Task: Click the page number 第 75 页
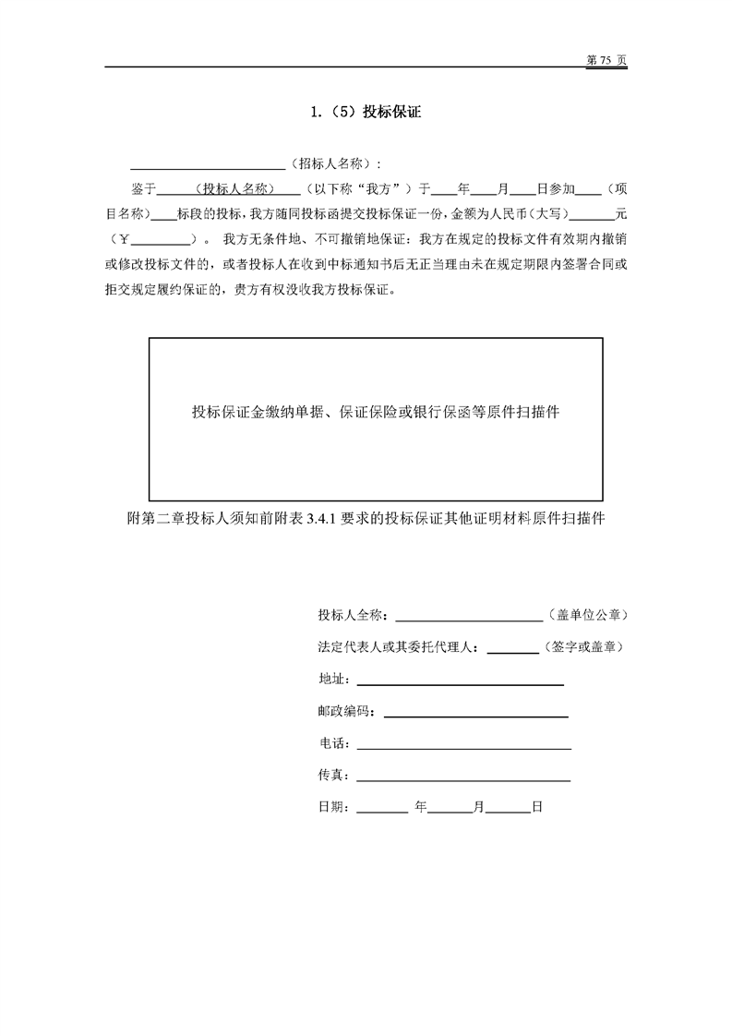coord(606,59)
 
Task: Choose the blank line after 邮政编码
coord(475,712)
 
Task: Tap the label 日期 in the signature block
coord(330,807)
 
